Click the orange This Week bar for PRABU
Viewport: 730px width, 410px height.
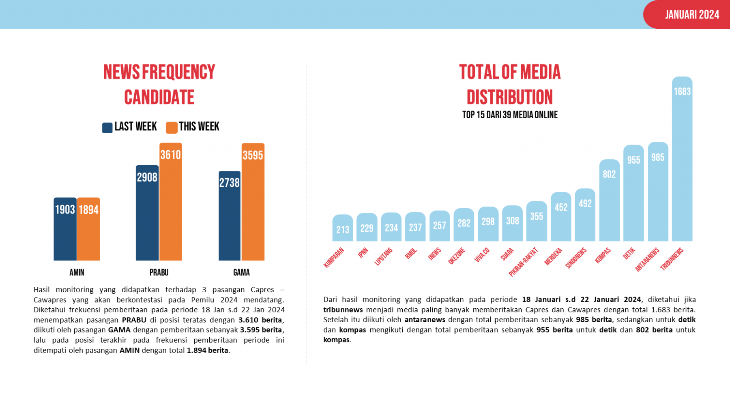click(x=170, y=203)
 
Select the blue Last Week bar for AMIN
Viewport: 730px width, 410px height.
click(x=65, y=231)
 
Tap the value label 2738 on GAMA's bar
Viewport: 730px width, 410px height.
click(x=230, y=183)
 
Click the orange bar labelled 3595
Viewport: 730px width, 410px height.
click(x=253, y=203)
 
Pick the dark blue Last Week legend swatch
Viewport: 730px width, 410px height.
click(x=107, y=128)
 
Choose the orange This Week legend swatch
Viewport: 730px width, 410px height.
click(x=172, y=128)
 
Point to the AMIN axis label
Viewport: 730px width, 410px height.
click(x=77, y=272)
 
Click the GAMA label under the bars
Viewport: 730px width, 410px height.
click(x=241, y=272)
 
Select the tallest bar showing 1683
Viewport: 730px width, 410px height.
click(x=682, y=162)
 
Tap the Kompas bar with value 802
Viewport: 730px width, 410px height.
click(x=609, y=203)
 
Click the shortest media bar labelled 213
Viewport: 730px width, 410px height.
click(x=342, y=229)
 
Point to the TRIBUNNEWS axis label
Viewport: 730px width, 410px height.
click(x=672, y=258)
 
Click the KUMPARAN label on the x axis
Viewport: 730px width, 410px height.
click(x=334, y=257)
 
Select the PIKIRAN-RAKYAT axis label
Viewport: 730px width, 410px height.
click(x=523, y=262)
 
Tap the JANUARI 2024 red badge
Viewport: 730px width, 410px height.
click(x=691, y=15)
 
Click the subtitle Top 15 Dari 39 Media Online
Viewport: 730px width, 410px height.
click(x=510, y=115)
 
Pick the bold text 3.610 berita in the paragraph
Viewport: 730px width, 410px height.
click(x=260, y=320)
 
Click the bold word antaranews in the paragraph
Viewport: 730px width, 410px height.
click(x=425, y=320)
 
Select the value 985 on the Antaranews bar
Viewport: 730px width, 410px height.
click(x=657, y=157)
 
